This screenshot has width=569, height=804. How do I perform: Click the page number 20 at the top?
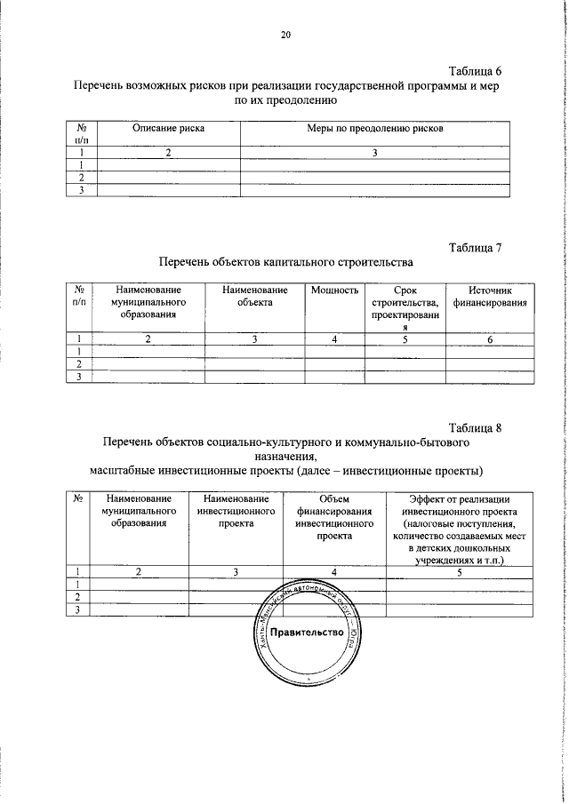coord(284,35)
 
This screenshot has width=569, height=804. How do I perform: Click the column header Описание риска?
coord(168,129)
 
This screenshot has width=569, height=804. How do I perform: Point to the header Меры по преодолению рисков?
coord(375,129)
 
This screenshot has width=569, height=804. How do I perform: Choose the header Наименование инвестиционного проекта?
coord(236,512)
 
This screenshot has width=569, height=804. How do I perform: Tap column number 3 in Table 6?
coord(375,153)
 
